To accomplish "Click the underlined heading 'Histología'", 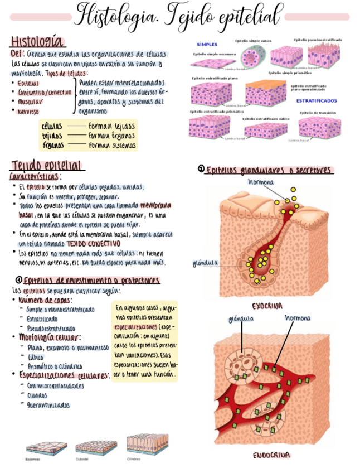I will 36,42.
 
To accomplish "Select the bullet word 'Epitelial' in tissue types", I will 28,83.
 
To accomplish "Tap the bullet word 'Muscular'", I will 30,102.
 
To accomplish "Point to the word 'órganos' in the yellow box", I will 53,145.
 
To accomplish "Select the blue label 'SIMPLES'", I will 207,45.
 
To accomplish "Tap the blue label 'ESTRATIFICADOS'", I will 316,101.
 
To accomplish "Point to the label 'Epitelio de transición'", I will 318,112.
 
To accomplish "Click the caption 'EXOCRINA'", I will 267,306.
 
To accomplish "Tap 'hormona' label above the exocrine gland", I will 260,182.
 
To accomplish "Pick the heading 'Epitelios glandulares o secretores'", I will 269,170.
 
